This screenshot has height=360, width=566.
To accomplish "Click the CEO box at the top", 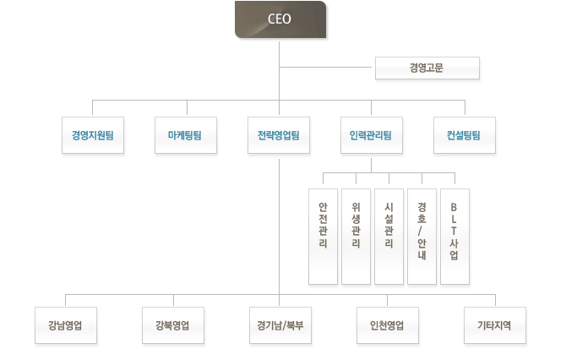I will coord(280,19).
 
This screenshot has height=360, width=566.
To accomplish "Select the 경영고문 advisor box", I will coord(426,68).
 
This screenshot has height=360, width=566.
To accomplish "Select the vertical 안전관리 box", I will coord(323,236).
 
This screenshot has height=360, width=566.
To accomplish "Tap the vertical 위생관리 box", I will coord(356,236).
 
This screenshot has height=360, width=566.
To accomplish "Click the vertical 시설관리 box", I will coord(389,236).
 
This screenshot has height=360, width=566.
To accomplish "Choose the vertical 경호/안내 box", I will coord(422,236).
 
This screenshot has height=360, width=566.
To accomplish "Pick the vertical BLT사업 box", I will coord(454,236).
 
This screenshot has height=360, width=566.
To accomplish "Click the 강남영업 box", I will coord(66,325).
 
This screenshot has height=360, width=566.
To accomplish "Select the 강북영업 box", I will coord(173,325).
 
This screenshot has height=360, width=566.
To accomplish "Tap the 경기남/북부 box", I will coord(280,325).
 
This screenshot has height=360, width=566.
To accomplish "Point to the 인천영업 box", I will coord(388,325).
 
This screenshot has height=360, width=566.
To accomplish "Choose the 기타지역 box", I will coord(495,325).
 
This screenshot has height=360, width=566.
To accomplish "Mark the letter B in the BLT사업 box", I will coord(454,206).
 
